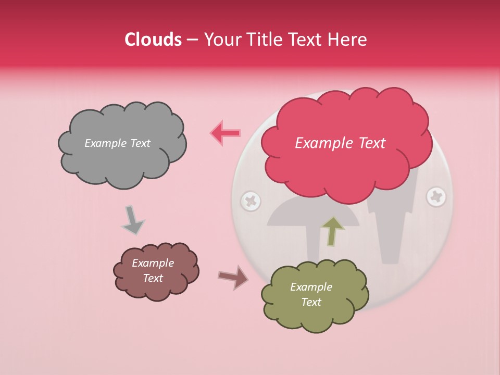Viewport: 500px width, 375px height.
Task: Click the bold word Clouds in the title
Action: click(x=153, y=40)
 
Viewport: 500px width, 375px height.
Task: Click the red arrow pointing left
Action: click(x=225, y=133)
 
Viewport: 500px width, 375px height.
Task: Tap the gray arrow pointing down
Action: click(x=132, y=220)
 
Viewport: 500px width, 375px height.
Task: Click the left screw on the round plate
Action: click(x=251, y=201)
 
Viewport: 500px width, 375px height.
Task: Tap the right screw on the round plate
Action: click(x=436, y=197)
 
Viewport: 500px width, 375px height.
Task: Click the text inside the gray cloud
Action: click(x=117, y=143)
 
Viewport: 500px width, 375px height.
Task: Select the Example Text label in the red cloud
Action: click(x=340, y=143)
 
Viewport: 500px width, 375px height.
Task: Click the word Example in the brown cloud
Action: click(x=153, y=263)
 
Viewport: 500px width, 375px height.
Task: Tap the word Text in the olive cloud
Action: click(x=311, y=302)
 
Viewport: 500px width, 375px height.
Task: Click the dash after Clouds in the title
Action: click(x=192, y=40)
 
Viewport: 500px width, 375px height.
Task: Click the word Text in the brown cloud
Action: click(x=153, y=278)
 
